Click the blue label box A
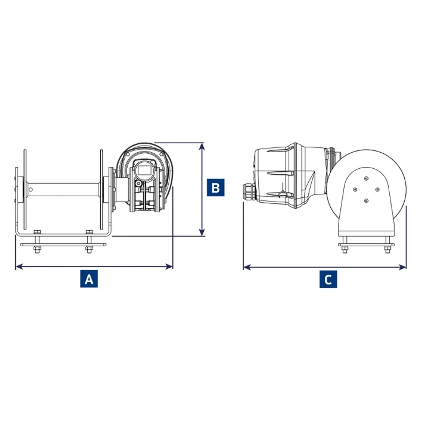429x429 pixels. [x=89, y=279]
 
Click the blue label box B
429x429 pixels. [x=216, y=187]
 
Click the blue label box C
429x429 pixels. [x=328, y=279]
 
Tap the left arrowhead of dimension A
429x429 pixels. [x=19, y=266]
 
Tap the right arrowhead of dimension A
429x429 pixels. [x=169, y=266]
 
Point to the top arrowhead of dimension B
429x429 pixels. [x=202, y=147]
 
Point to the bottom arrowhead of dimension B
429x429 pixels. [x=202, y=232]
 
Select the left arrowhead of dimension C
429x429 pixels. [x=247, y=267]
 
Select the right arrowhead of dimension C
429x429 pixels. [x=403, y=267]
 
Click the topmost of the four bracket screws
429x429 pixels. [x=366, y=178]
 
